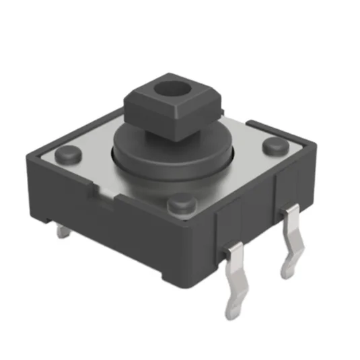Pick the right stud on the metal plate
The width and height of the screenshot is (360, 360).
tap(275, 145)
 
